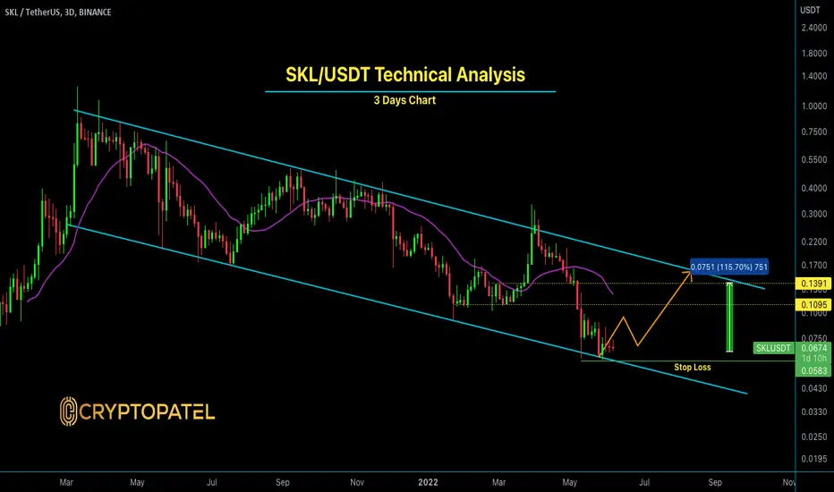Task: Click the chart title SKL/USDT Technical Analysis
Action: (x=405, y=74)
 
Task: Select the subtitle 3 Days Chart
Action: (x=404, y=100)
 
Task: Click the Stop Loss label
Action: (x=693, y=367)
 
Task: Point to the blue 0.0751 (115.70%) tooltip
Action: (x=729, y=267)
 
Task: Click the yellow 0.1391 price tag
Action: (x=813, y=284)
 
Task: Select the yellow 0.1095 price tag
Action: (x=813, y=305)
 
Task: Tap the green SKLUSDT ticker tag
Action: (x=773, y=348)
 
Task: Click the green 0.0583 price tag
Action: (x=813, y=370)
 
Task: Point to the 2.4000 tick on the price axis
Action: (x=814, y=28)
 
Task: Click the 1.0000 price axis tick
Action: (x=814, y=106)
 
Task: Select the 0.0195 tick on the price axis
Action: (x=814, y=459)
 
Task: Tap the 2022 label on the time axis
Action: (x=428, y=482)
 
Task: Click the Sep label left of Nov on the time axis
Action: (x=283, y=482)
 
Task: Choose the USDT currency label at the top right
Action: (x=810, y=10)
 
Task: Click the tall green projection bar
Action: (x=730, y=318)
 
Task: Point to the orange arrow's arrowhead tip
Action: (x=692, y=271)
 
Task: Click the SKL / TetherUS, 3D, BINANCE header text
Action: (x=58, y=13)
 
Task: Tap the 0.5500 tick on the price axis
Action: (x=814, y=159)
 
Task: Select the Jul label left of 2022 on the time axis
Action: (x=212, y=482)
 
